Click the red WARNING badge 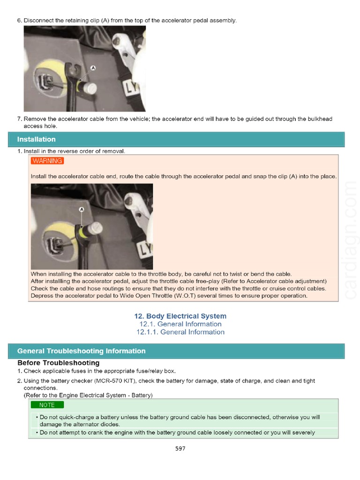click(x=47, y=161)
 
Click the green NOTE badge click(x=47, y=405)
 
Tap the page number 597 click(x=180, y=449)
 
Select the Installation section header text click(x=36, y=139)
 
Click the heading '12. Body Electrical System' click(x=180, y=316)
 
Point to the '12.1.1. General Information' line click(x=180, y=332)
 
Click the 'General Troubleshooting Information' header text click(x=81, y=351)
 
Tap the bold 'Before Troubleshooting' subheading click(x=58, y=363)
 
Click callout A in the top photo click(x=93, y=68)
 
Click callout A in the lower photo click(x=81, y=209)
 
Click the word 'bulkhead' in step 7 click(x=320, y=119)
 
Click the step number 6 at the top click(x=19, y=21)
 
